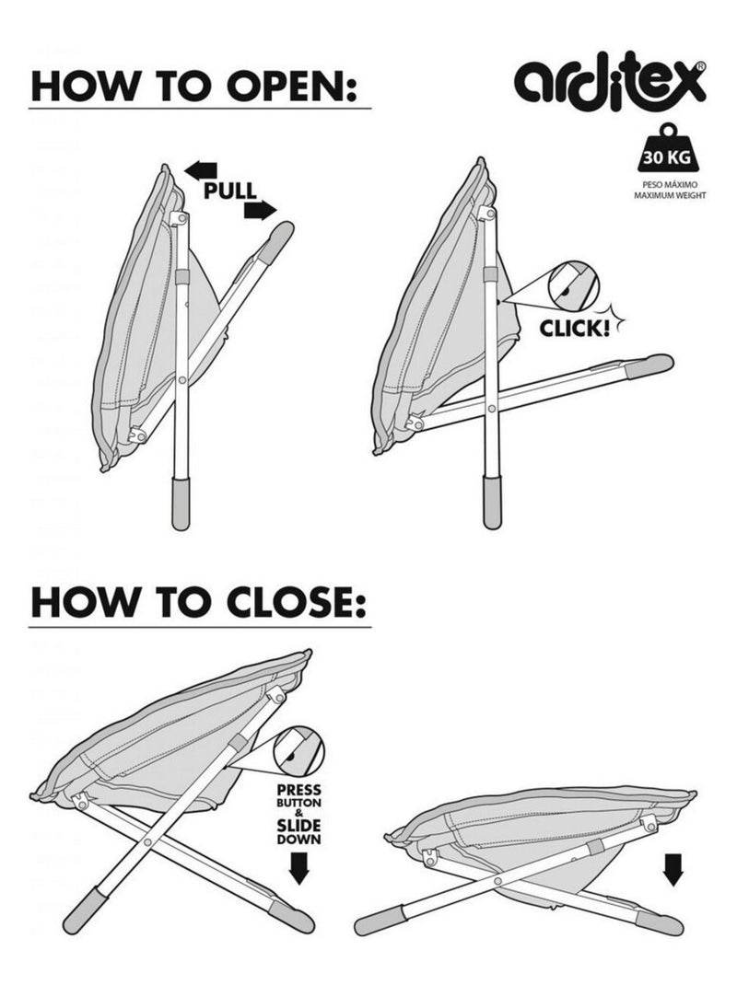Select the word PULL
[230, 191]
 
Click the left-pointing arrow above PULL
[201, 169]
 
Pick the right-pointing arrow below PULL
[260, 210]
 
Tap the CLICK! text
[575, 328]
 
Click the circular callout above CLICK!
[574, 285]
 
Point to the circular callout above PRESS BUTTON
[298, 751]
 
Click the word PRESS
[298, 790]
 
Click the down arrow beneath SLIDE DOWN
[298, 869]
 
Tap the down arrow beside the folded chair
[673, 870]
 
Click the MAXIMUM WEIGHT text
[670, 195]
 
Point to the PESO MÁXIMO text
[670, 186]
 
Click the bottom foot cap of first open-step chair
[181, 504]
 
